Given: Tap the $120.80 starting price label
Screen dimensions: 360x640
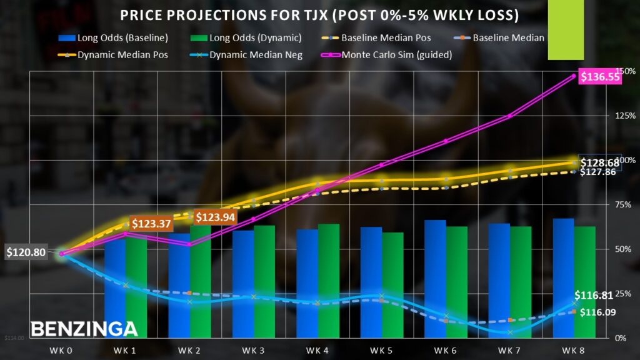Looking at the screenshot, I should coord(26,253).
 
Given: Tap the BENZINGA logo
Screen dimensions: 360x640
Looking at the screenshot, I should coord(84,328).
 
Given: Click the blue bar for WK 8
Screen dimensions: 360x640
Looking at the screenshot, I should coord(563,278).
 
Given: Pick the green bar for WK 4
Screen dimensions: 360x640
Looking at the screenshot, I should coord(329,281).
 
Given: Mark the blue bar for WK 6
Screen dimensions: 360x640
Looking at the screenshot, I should coord(435,279).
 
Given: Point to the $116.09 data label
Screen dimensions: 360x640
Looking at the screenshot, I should coord(599,312).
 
